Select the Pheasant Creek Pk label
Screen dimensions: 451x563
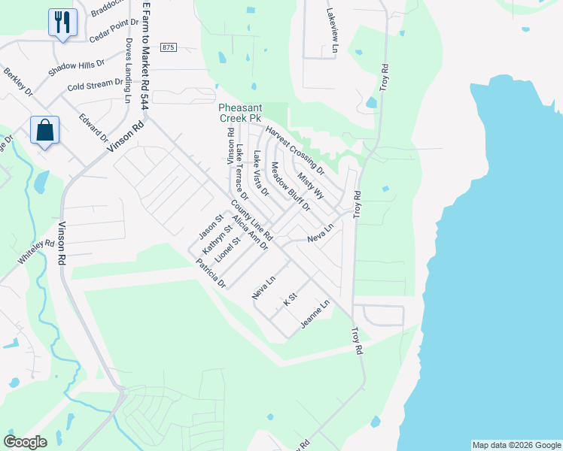pyautogui.click(x=239, y=113)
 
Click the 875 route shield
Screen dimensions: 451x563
pyautogui.click(x=168, y=47)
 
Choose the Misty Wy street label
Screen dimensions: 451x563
pyautogui.click(x=310, y=185)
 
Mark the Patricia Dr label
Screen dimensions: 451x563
pyautogui.click(x=210, y=274)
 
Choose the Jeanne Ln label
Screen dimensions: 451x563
pyautogui.click(x=315, y=314)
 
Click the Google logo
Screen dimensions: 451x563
pyautogui.click(x=25, y=442)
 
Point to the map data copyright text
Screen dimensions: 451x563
pyautogui.click(x=516, y=445)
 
